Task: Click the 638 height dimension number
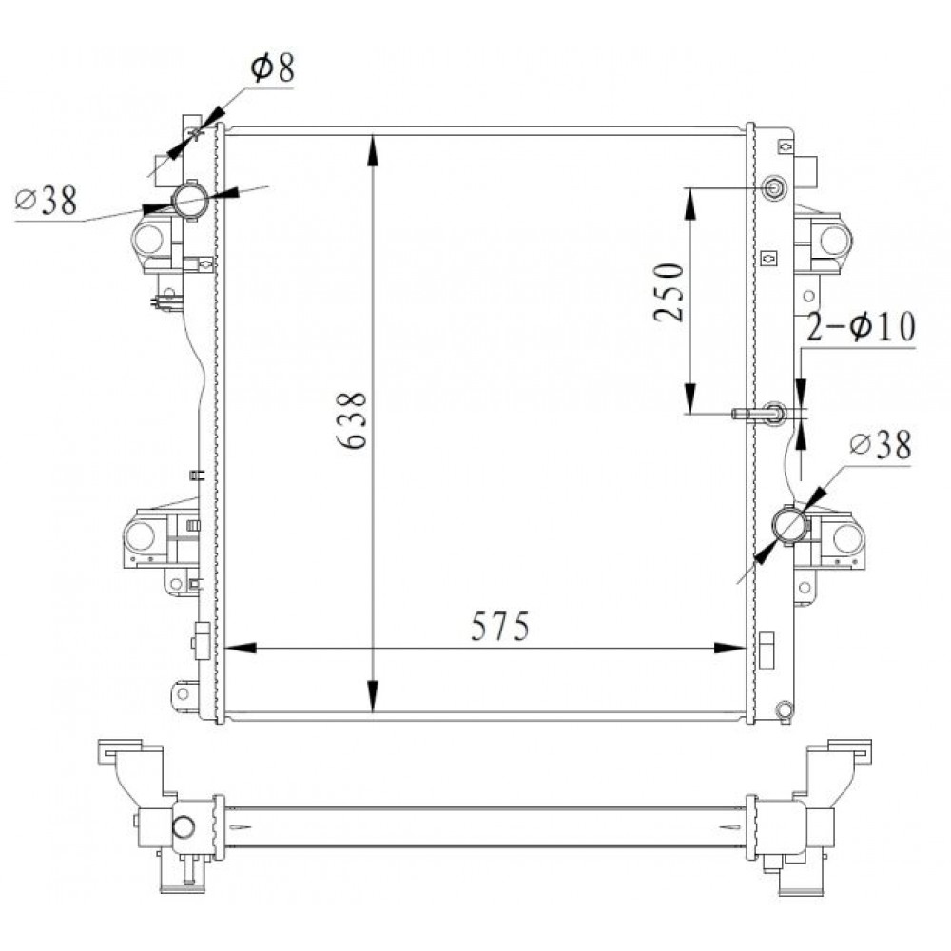coord(352,420)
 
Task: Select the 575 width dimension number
coord(500,626)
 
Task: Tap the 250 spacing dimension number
coord(669,292)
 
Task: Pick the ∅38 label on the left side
coord(46,200)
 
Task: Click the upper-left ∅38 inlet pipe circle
coord(191,201)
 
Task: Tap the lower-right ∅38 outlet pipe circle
coord(789,525)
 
